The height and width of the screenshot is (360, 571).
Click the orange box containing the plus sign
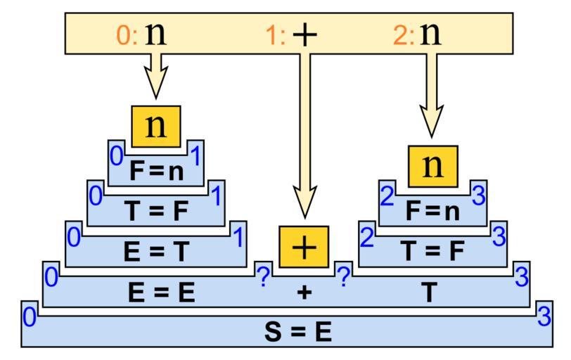(x=304, y=247)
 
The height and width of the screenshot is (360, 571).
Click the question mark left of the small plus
(x=263, y=278)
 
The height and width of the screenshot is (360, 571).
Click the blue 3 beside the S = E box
(x=544, y=317)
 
